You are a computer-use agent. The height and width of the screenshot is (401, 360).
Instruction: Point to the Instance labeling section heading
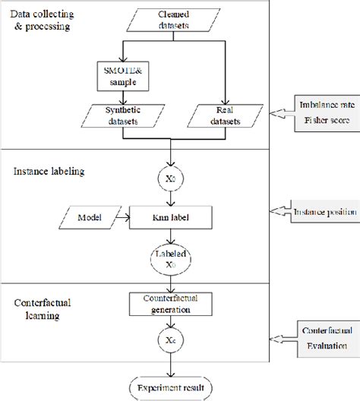49,172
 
